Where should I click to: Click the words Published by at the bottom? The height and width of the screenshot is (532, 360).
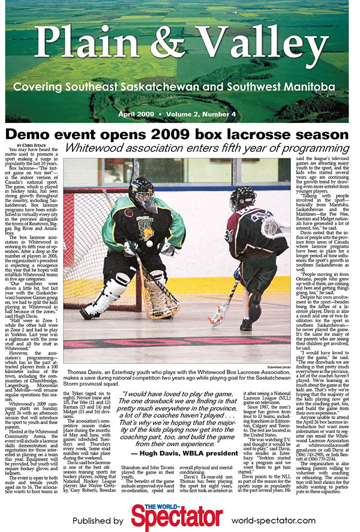coord(96,520)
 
